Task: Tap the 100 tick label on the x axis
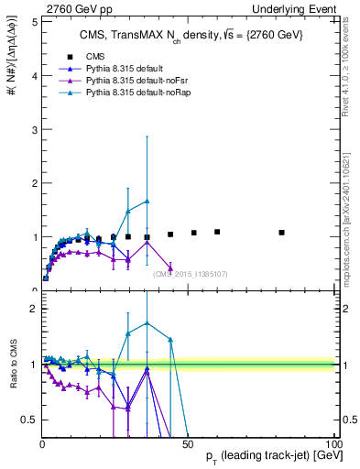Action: pos(333,444)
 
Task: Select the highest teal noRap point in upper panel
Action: pos(147,201)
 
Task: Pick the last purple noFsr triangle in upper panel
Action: pos(170,267)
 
